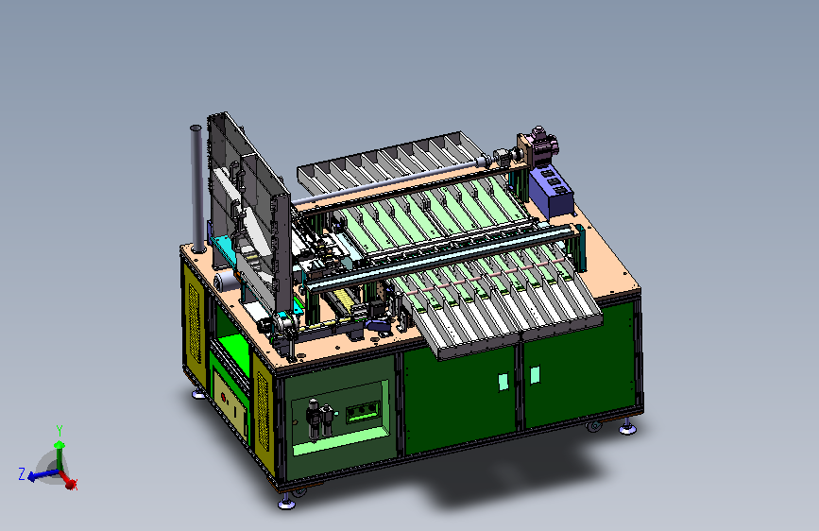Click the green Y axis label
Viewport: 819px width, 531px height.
click(60, 431)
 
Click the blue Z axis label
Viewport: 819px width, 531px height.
click(22, 474)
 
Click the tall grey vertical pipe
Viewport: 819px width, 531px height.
click(196, 189)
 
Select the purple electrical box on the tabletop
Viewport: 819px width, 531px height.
click(552, 191)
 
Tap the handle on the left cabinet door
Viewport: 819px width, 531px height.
click(503, 382)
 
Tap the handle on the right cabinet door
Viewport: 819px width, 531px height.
click(535, 375)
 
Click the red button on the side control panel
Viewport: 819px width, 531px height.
click(224, 398)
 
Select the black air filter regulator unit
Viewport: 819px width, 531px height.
click(319, 420)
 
